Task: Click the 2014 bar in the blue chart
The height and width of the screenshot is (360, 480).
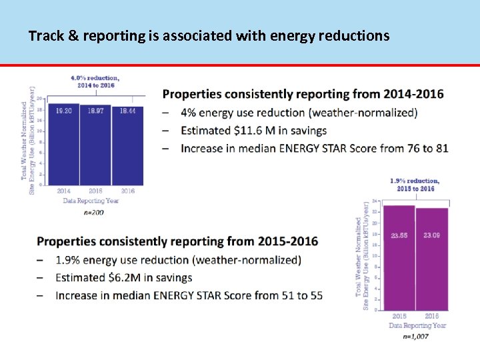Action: point(63,144)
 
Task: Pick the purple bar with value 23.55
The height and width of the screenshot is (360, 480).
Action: point(399,257)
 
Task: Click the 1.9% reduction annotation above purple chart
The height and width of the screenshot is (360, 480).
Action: point(414,185)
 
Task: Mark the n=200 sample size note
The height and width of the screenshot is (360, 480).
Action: point(94,213)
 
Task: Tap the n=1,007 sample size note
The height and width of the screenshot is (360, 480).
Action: point(415,337)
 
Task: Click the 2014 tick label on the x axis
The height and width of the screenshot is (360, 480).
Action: point(63,191)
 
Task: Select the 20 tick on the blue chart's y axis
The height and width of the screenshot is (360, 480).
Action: point(40,99)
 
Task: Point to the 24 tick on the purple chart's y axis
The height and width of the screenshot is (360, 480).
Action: point(375,201)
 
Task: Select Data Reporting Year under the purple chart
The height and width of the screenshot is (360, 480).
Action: point(417,325)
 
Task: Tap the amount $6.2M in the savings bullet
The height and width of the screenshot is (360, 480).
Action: point(137,277)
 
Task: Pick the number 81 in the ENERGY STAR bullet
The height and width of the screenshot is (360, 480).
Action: point(441,148)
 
